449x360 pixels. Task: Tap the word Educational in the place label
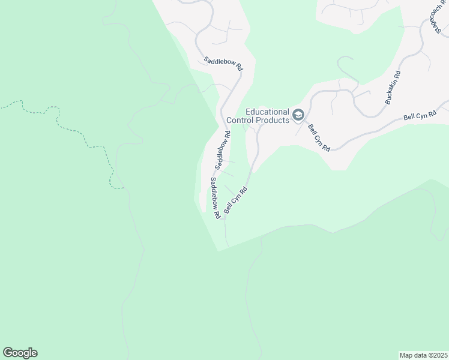[268, 112]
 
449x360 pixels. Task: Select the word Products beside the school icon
[273, 119]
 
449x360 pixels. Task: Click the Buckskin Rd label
[393, 88]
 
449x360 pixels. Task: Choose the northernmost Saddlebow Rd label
[223, 64]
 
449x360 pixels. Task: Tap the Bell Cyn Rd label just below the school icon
[319, 137]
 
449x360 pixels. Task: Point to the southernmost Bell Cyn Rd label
[236, 199]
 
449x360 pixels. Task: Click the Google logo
[20, 353]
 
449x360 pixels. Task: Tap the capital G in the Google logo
[8, 352]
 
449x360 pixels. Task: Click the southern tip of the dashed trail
[122, 188]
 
